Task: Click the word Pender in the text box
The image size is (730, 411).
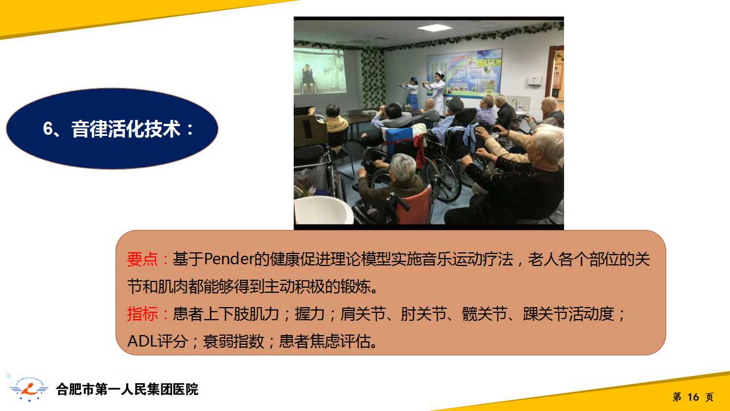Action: coord(229,259)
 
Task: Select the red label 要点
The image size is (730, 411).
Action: coord(143,259)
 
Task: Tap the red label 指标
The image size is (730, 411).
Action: coord(143,314)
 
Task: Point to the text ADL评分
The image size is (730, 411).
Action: coord(158,341)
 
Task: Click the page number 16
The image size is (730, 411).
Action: coord(693,397)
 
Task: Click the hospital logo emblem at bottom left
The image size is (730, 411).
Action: coord(29,389)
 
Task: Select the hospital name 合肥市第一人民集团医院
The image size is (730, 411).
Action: coord(127,389)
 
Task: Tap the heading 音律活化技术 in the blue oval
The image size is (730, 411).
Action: coord(126,128)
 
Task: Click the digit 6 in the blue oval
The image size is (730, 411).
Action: coord(47,128)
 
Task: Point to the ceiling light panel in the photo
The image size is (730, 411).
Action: coord(435,28)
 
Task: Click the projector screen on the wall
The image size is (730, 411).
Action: coord(319,71)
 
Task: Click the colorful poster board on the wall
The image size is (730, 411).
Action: coord(464,74)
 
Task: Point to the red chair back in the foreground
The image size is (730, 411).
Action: coord(416,205)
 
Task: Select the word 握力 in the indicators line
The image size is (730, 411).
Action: coord(310,314)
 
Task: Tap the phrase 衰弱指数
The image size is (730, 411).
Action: coord(233,341)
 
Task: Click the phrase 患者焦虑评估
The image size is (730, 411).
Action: coord(325,341)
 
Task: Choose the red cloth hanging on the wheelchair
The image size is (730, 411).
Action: coord(420,150)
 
